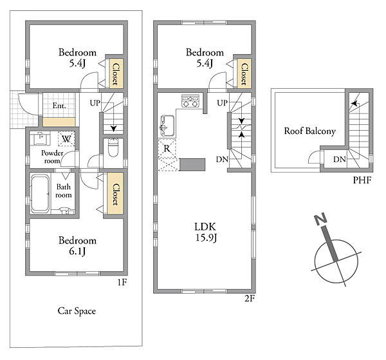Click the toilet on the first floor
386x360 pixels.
tap(113, 147)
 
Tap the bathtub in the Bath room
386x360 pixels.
tap(40, 194)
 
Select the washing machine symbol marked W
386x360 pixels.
tap(66, 139)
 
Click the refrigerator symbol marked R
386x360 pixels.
tap(167, 148)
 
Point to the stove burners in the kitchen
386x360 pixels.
tap(190, 100)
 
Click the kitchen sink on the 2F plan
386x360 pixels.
tap(167, 126)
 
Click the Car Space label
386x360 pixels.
tap(77, 311)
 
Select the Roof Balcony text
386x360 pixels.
tap(309, 131)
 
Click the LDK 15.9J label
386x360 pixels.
tap(206, 232)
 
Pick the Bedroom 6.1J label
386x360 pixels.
tap(77, 245)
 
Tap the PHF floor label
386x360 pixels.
tap(362, 180)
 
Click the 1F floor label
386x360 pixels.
tap(122, 282)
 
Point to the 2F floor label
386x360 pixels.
tap(250, 299)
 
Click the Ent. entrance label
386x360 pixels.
tap(59, 106)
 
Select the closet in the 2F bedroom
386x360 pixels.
tap(244, 73)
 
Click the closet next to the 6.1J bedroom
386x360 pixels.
tap(115, 194)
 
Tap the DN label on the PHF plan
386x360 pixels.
tap(340, 160)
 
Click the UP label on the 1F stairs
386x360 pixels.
tap(95, 103)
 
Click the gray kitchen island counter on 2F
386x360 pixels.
tap(192, 165)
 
